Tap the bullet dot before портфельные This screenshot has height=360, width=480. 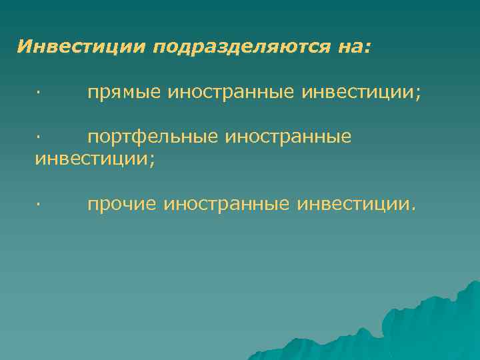[x=38, y=137]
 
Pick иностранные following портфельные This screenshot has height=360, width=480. [x=288, y=137]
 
